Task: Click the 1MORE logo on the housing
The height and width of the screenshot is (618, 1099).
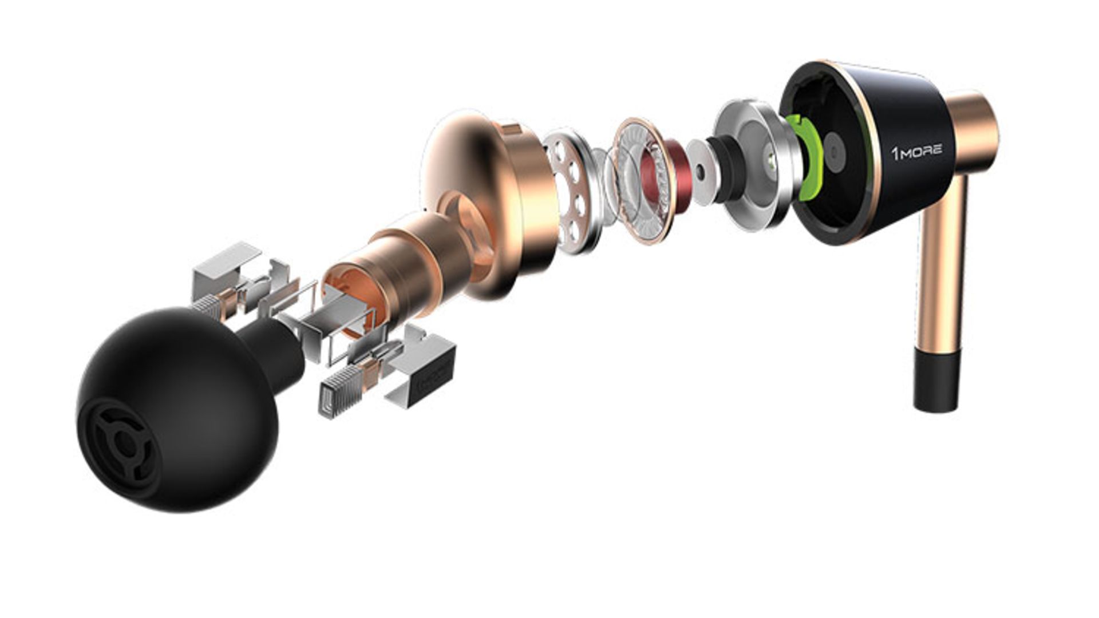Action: tap(916, 152)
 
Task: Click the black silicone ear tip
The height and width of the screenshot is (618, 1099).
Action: tap(183, 406)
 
